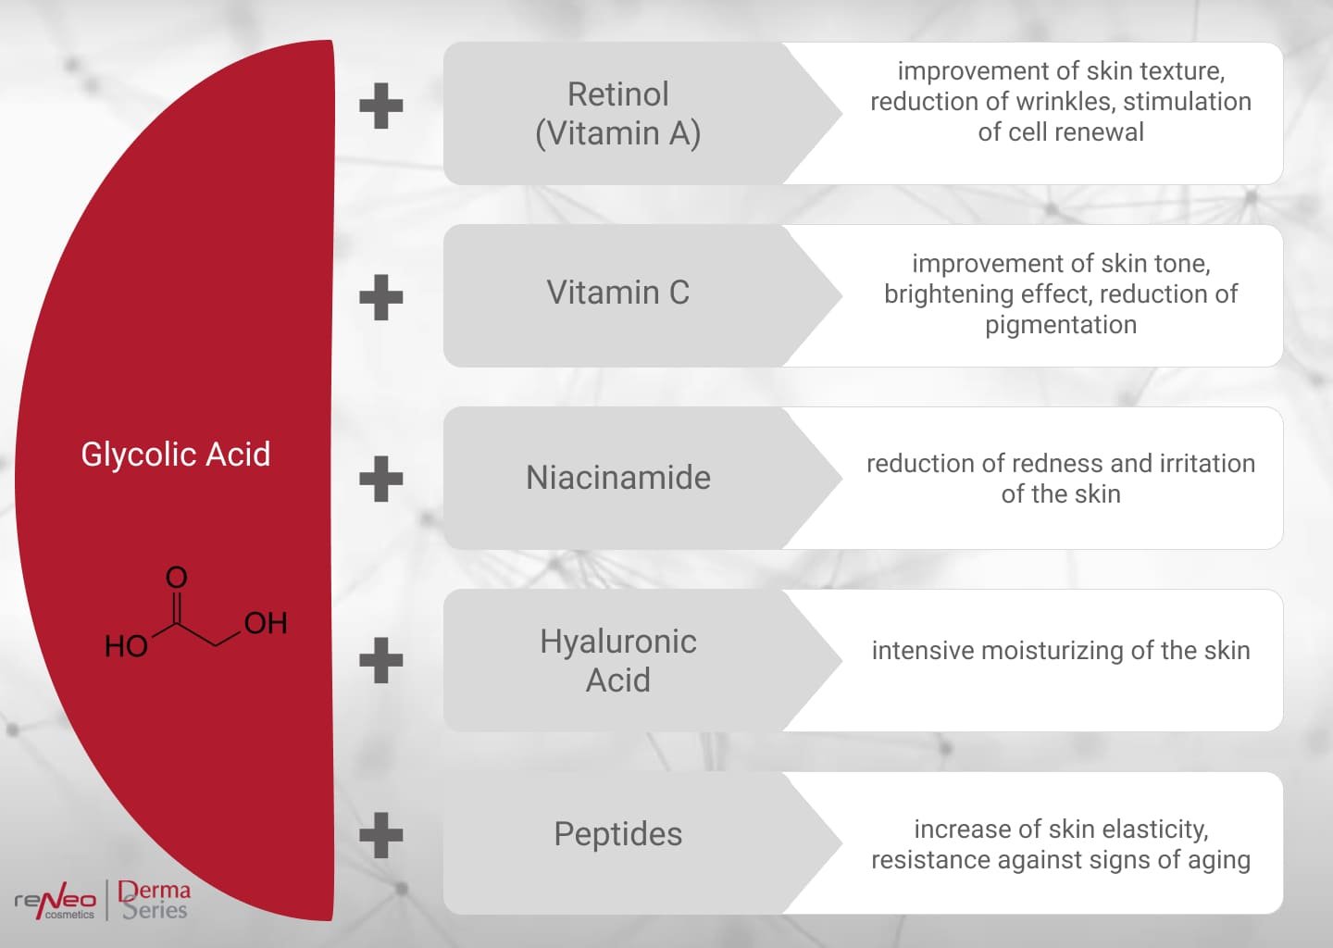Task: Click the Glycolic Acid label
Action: click(176, 455)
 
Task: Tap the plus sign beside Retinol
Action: click(381, 106)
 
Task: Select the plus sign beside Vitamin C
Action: click(381, 297)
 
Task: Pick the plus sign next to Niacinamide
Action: click(381, 479)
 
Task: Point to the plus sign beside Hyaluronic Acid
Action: click(381, 660)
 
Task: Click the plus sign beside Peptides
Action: click(381, 835)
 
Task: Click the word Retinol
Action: click(617, 94)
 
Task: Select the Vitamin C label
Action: click(617, 293)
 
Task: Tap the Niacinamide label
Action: click(617, 478)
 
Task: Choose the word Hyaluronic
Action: click(617, 642)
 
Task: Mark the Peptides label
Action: click(617, 834)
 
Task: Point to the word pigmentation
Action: click(1061, 325)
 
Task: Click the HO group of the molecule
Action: click(126, 645)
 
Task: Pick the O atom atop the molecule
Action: click(176, 578)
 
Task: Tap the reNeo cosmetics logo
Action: click(56, 901)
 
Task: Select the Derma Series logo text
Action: click(155, 900)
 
